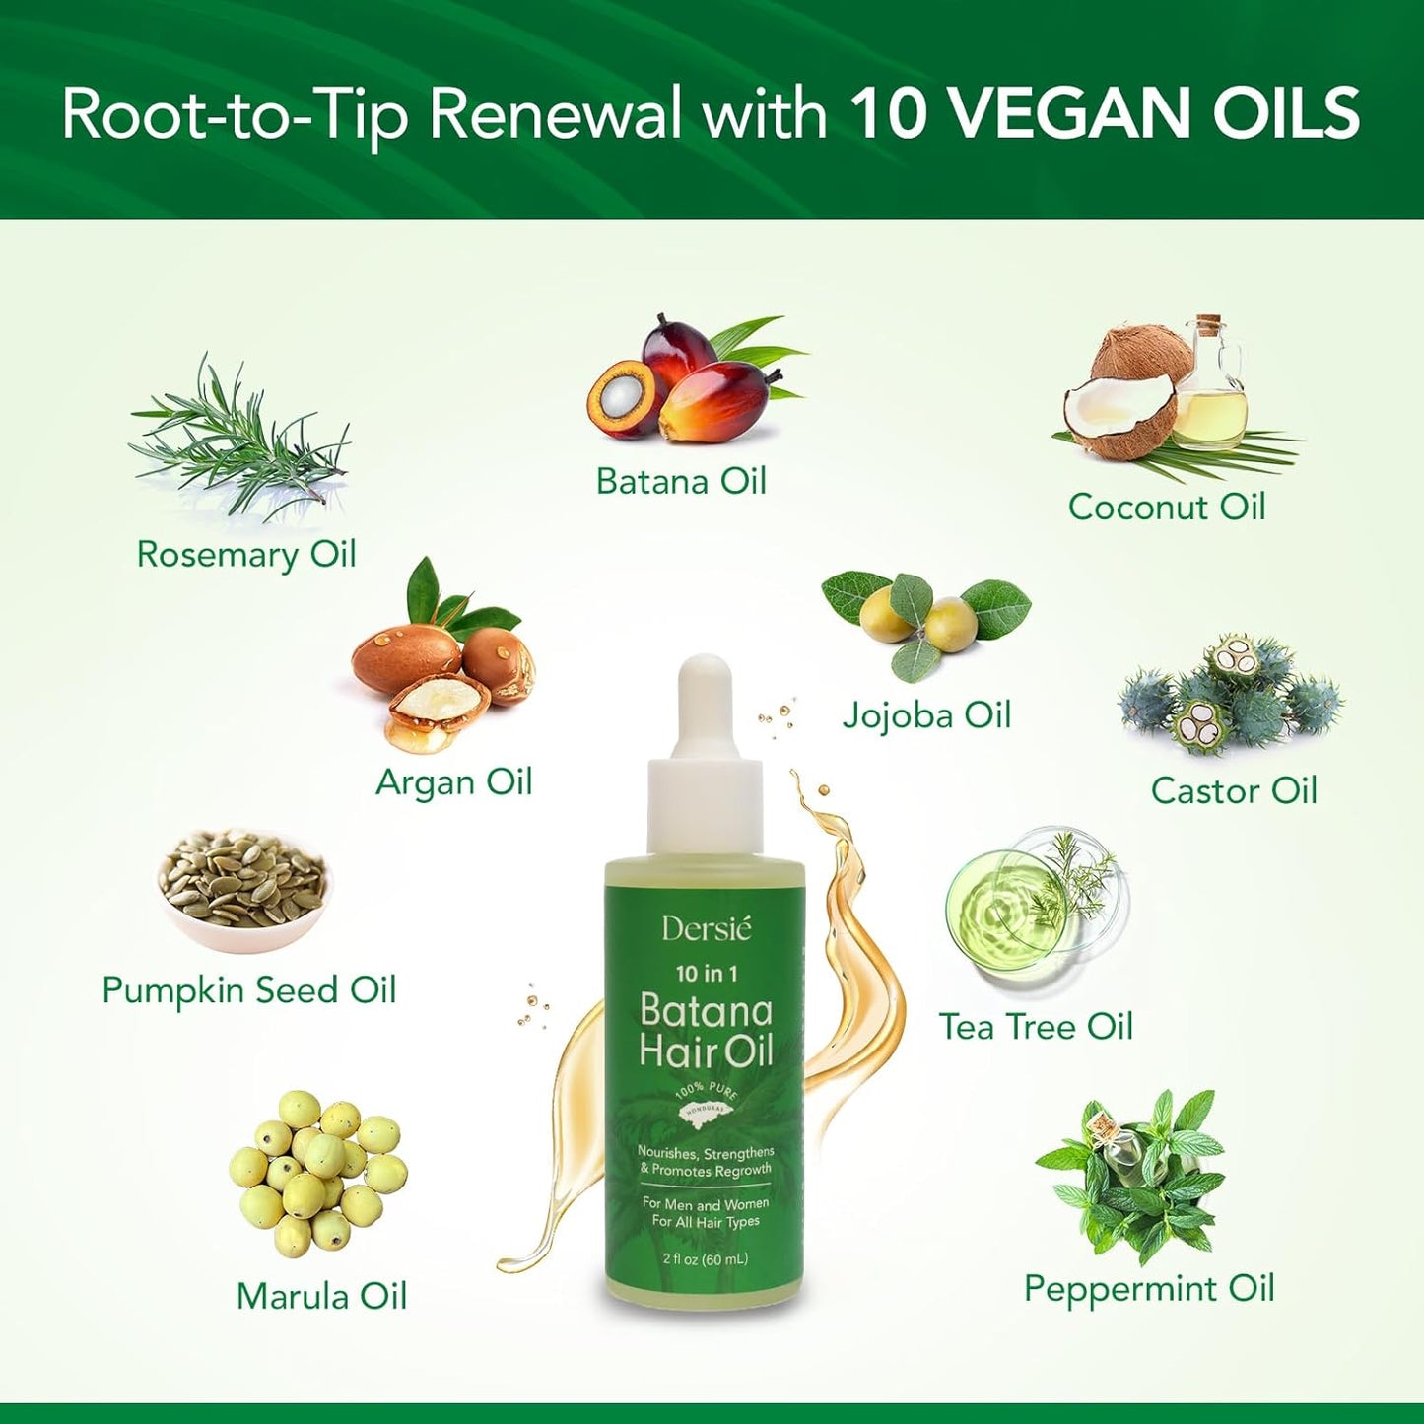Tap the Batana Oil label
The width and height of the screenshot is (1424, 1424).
click(681, 481)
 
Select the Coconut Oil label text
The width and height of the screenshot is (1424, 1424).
click(1167, 507)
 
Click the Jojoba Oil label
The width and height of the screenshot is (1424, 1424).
click(926, 715)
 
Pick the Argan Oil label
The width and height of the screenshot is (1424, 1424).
click(453, 782)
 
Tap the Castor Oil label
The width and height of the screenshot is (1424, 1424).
click(1234, 790)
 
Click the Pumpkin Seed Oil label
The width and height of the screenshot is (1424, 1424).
click(249, 990)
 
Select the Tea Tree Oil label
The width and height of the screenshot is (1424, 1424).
click(1036, 1027)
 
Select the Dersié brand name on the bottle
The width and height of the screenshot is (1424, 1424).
click(706, 929)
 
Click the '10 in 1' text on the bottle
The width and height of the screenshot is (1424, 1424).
click(706, 974)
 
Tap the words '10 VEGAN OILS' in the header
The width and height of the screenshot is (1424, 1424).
click(1106, 112)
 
